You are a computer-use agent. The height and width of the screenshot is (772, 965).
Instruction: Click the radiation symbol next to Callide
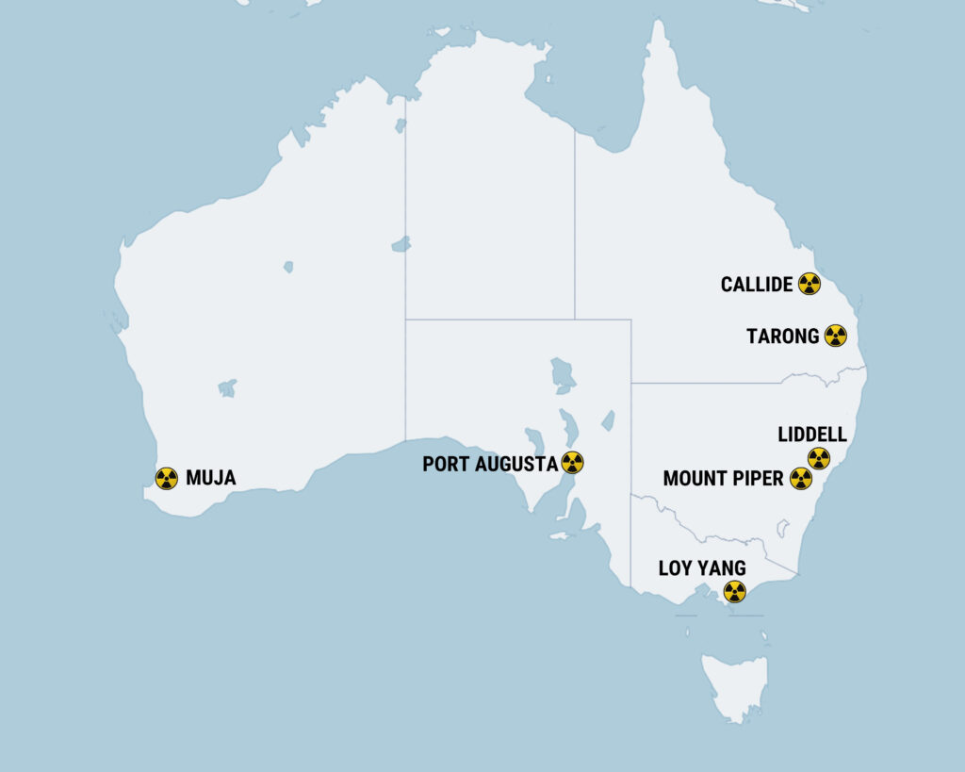(809, 284)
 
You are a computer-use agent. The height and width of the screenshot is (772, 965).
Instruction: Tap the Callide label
(757, 285)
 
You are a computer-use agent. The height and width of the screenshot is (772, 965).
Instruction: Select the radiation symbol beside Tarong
(835, 336)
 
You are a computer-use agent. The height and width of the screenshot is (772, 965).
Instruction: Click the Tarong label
(782, 337)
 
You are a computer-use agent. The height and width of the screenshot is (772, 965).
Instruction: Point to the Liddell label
(812, 435)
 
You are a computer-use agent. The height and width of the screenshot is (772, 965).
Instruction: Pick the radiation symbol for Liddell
(819, 459)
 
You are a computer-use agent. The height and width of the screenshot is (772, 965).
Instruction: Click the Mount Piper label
(723, 479)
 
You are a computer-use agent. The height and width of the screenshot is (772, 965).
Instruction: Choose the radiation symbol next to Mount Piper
(800, 479)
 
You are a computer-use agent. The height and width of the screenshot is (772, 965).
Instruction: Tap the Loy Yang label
(702, 568)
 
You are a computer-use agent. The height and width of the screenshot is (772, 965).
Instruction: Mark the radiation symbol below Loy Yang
(734, 592)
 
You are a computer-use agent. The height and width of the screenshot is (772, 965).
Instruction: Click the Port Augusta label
(489, 464)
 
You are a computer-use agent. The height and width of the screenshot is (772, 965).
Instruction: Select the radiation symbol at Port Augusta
(572, 463)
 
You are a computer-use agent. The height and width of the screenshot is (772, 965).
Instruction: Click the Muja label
(210, 479)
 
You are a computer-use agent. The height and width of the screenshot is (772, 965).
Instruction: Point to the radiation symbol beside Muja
(166, 479)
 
